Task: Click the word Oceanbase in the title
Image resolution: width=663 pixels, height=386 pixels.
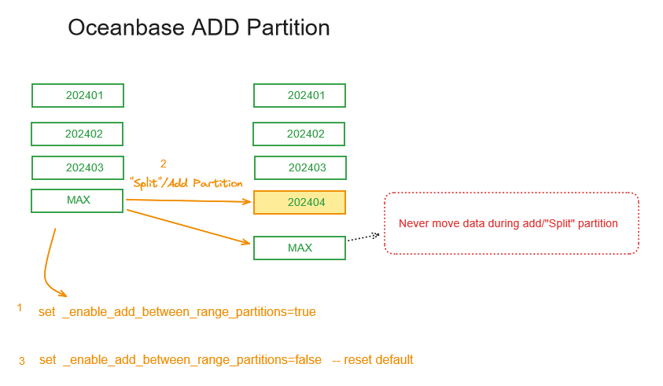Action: click(x=127, y=28)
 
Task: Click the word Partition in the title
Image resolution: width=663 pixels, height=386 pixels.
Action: click(x=288, y=28)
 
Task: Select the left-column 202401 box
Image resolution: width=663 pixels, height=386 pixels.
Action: click(x=78, y=96)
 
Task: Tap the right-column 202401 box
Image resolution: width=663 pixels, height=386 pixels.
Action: click(x=300, y=96)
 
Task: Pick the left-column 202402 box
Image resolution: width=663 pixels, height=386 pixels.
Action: click(x=77, y=134)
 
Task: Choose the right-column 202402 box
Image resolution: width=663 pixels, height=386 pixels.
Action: click(x=299, y=134)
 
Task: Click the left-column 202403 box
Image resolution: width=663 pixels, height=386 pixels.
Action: click(x=78, y=168)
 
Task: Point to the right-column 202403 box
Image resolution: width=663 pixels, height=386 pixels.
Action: click(x=300, y=168)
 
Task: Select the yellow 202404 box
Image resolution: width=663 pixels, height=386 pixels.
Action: click(x=300, y=203)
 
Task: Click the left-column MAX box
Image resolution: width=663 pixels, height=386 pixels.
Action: click(x=77, y=200)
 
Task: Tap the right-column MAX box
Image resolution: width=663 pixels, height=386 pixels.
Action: click(x=300, y=248)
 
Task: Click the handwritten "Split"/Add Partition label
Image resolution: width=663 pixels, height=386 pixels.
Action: click(x=186, y=183)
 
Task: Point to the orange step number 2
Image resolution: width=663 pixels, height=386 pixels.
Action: click(x=164, y=164)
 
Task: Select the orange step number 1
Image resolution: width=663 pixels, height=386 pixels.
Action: click(x=20, y=308)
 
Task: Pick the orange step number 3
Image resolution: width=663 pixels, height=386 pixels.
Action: click(x=22, y=361)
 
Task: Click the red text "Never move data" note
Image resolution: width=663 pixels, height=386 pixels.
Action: click(x=508, y=223)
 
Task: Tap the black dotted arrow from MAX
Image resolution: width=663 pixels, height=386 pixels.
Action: click(x=363, y=237)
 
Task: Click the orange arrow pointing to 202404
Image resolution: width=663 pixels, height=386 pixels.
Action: click(x=189, y=200)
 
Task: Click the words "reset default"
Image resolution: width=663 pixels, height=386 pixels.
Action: click(x=378, y=360)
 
